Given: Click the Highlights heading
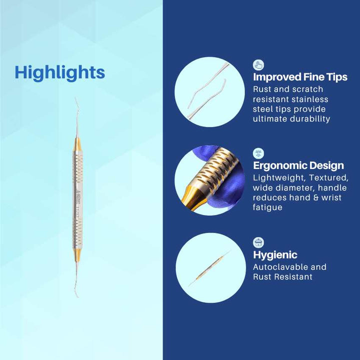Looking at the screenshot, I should tap(59, 72).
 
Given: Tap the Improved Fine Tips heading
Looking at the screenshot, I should tap(300, 77).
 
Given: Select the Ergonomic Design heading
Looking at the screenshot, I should tap(298, 165).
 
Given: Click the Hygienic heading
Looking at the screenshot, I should tap(275, 255).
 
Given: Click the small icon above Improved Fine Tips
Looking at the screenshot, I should tap(258, 65).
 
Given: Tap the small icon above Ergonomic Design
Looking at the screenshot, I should tap(258, 153).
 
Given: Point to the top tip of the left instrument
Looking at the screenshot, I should tap(75, 99).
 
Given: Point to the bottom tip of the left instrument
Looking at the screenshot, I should tap(77, 296).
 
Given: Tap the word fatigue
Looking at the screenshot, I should tap(268, 207).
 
